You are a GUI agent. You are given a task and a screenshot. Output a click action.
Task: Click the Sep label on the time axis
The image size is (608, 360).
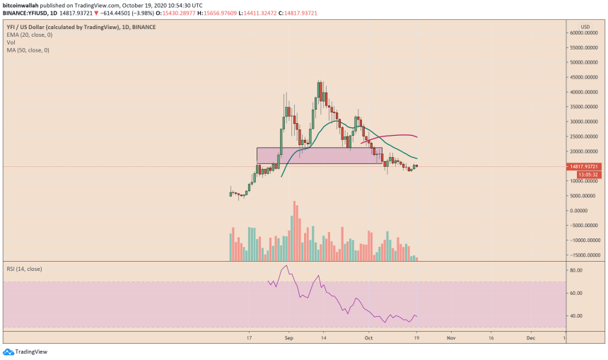click(x=288, y=339)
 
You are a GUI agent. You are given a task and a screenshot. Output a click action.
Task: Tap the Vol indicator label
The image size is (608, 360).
click(x=11, y=42)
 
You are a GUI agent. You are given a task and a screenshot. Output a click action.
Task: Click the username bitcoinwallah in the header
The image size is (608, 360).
click(x=27, y=4)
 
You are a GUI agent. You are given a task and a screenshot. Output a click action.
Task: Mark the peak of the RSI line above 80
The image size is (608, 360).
click(x=286, y=266)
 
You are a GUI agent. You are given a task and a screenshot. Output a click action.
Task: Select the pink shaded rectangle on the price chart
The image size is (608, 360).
click(x=318, y=156)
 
